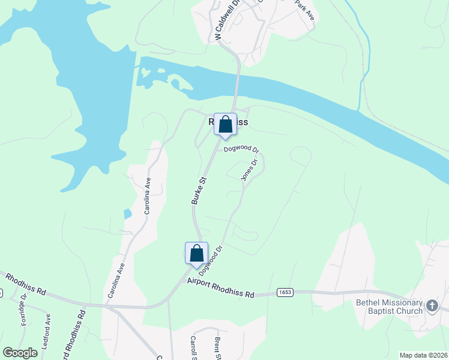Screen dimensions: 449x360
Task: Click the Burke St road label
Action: pyautogui.click(x=199, y=190)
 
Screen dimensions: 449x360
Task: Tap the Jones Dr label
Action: pyautogui.click(x=249, y=170)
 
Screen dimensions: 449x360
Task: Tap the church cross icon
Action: pyautogui.click(x=432, y=307)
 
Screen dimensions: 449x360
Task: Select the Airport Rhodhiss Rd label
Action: pyautogui.click(x=220, y=287)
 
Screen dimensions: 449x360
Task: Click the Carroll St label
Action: pyautogui.click(x=194, y=346)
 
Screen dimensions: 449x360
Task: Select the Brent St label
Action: pyautogui.click(x=218, y=347)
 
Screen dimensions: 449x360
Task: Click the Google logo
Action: pyautogui.click(x=20, y=353)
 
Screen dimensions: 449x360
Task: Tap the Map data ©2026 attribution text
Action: pyautogui.click(x=423, y=355)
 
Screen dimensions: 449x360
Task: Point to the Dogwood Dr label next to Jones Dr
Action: pyautogui.click(x=241, y=149)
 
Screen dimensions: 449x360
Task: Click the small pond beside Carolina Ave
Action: pyautogui.click(x=126, y=214)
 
